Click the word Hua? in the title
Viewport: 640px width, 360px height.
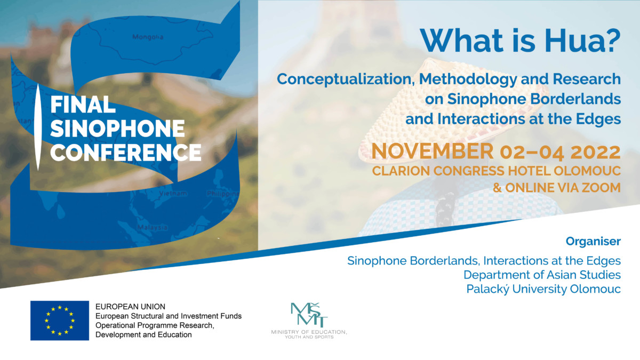point(582,41)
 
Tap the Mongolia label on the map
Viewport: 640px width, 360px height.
point(148,37)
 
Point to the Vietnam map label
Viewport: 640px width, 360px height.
point(173,194)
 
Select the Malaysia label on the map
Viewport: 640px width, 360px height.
point(153,227)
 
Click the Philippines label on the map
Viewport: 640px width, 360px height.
point(223,194)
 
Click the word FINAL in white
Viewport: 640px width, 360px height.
point(83,105)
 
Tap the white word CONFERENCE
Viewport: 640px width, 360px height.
point(126,152)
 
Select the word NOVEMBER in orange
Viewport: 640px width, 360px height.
point(433,151)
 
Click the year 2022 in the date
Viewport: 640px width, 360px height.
point(595,152)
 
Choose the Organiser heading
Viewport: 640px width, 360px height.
point(593,242)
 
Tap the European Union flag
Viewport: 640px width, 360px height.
point(60,321)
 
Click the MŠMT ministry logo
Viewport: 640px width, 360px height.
point(309,321)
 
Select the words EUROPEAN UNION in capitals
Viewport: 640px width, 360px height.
point(130,307)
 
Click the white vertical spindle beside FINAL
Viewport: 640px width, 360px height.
point(38,127)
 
